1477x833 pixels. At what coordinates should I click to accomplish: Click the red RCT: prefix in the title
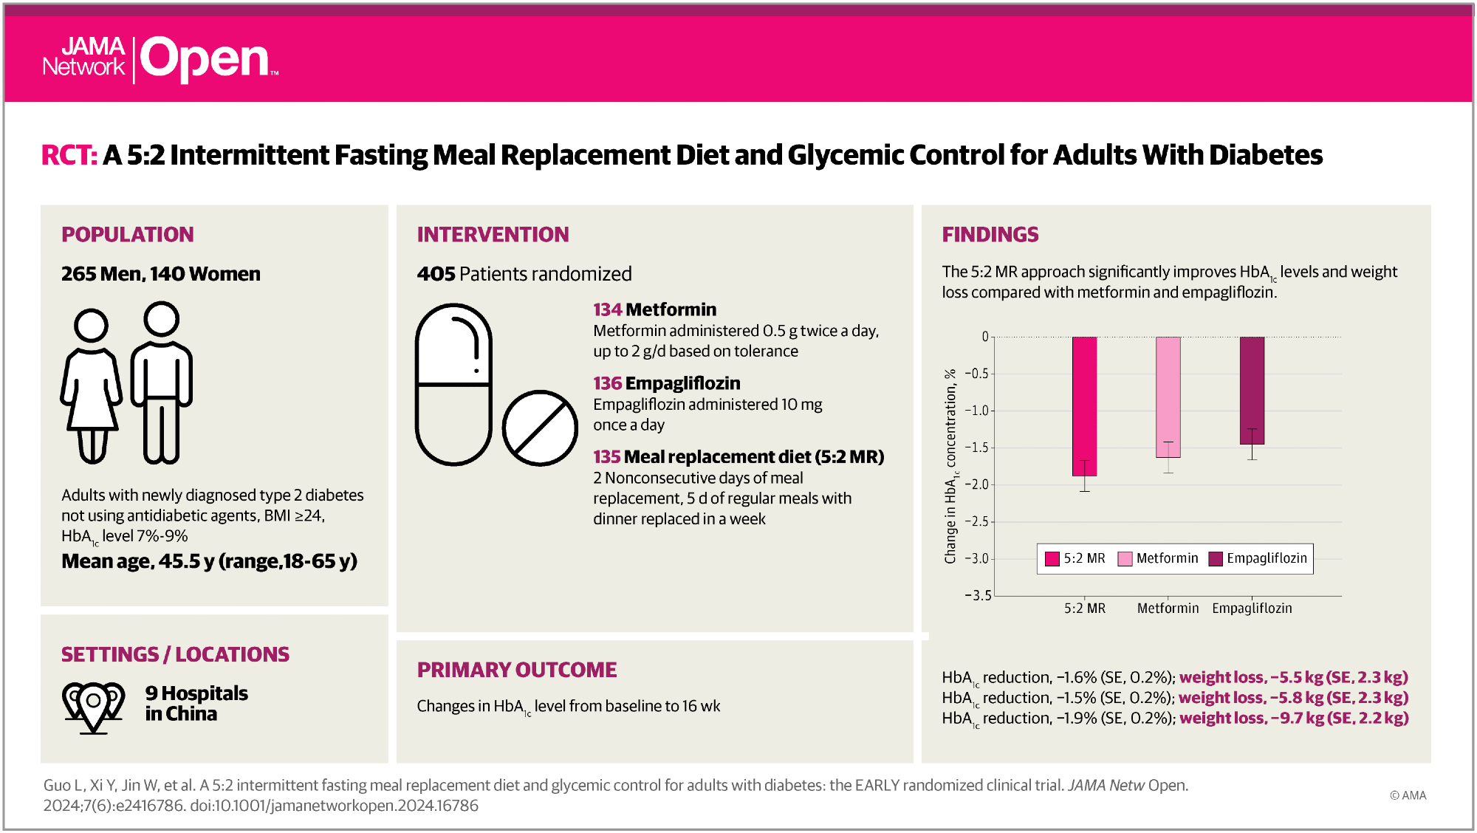[x=69, y=156]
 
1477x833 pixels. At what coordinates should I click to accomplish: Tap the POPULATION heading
[x=127, y=235]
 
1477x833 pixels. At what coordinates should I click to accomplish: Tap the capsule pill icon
[x=453, y=384]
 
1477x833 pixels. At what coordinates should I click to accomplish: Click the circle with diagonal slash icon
[x=540, y=428]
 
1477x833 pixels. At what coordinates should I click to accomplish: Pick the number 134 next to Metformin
[x=607, y=310]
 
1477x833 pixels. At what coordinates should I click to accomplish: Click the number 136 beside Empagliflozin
[x=607, y=384]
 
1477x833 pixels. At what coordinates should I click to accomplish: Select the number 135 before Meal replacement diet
[x=606, y=457]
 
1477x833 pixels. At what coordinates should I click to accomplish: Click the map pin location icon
[x=93, y=706]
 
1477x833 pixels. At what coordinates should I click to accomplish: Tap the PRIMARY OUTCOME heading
[x=516, y=670]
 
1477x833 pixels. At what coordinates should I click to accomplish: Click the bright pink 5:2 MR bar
[x=1084, y=406]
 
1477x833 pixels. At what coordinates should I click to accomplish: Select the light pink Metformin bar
[x=1168, y=397]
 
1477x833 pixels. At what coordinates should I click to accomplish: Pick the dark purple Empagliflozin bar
[x=1252, y=390]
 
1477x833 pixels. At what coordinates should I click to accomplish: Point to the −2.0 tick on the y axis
[x=978, y=485]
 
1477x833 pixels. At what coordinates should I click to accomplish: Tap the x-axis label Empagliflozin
[x=1252, y=609]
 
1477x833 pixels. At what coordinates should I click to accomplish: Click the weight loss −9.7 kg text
[x=1293, y=719]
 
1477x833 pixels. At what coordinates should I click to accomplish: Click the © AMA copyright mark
[x=1408, y=795]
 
